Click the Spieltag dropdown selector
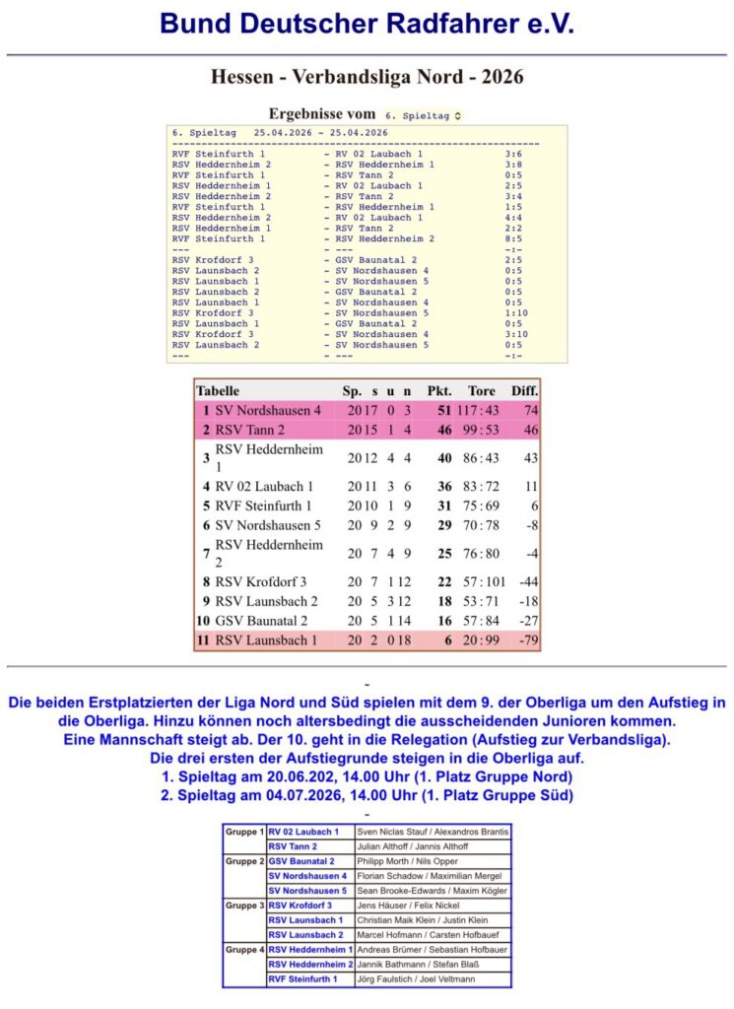pos(423,115)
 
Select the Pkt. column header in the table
pos(438,391)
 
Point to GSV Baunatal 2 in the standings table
pos(261,621)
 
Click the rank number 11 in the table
pos(203,641)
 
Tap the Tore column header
pos(481,391)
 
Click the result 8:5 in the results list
pos(512,238)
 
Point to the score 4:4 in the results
pos(512,218)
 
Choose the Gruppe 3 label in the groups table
pos(244,905)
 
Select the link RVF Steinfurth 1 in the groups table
pos(302,978)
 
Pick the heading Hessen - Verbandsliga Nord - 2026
pos(367,76)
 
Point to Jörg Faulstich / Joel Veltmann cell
pos(414,978)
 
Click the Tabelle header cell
pos(217,391)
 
